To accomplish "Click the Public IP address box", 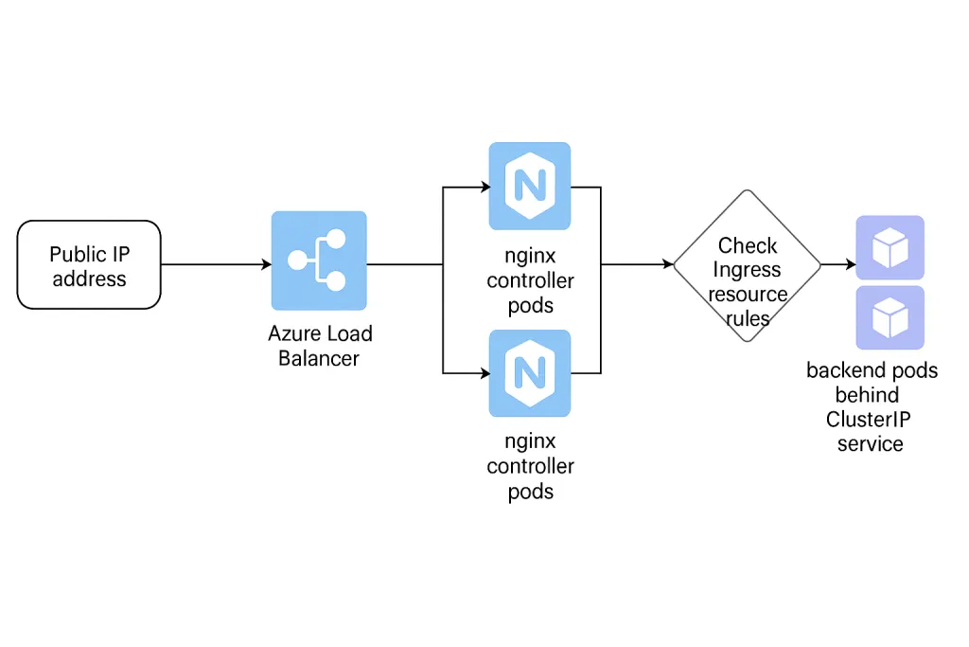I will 89,265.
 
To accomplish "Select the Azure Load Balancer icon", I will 319,261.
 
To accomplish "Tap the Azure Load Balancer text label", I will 320,346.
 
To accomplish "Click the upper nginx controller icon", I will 530,186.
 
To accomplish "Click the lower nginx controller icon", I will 530,373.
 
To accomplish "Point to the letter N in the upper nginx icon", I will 530,186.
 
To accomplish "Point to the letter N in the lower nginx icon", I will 530,373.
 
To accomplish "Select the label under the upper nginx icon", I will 530,280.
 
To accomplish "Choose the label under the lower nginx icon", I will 530,466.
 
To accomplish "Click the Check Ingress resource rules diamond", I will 748,265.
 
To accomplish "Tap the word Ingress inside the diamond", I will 748,270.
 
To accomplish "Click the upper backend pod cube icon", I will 890,247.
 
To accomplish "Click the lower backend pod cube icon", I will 890,318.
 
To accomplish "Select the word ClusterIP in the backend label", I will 872,419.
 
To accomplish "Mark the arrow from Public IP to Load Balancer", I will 216,265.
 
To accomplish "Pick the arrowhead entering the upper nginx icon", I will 484,187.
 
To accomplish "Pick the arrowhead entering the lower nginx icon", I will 484,373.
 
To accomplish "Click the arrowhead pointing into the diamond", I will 668,265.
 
